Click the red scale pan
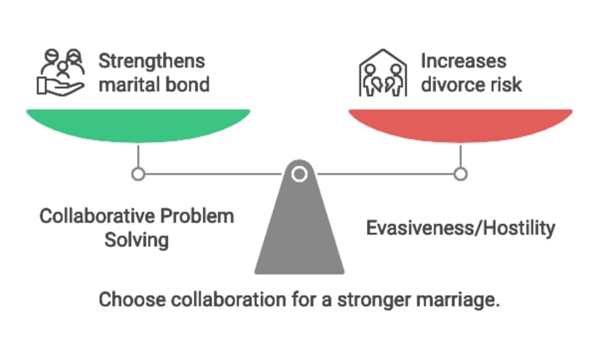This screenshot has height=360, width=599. click(x=460, y=123)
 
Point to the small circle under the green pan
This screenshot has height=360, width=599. click(x=139, y=174)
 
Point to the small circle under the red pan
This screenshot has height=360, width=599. click(x=460, y=174)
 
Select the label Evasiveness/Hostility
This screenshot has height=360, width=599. click(x=460, y=228)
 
